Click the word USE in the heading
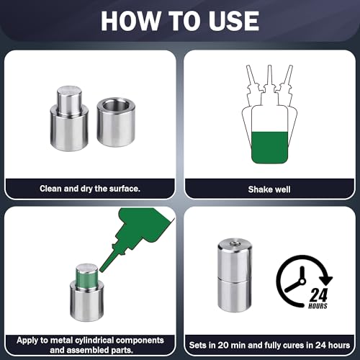click(233, 21)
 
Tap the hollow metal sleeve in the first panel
click(116, 122)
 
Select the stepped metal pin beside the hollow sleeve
click(69, 119)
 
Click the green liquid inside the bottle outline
click(269, 148)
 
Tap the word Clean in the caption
click(50, 189)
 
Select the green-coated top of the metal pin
click(86, 276)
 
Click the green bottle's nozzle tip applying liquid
click(102, 269)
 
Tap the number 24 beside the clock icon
click(318, 294)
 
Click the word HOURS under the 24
click(318, 306)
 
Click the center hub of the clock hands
click(302, 281)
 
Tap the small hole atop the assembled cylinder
click(235, 244)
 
